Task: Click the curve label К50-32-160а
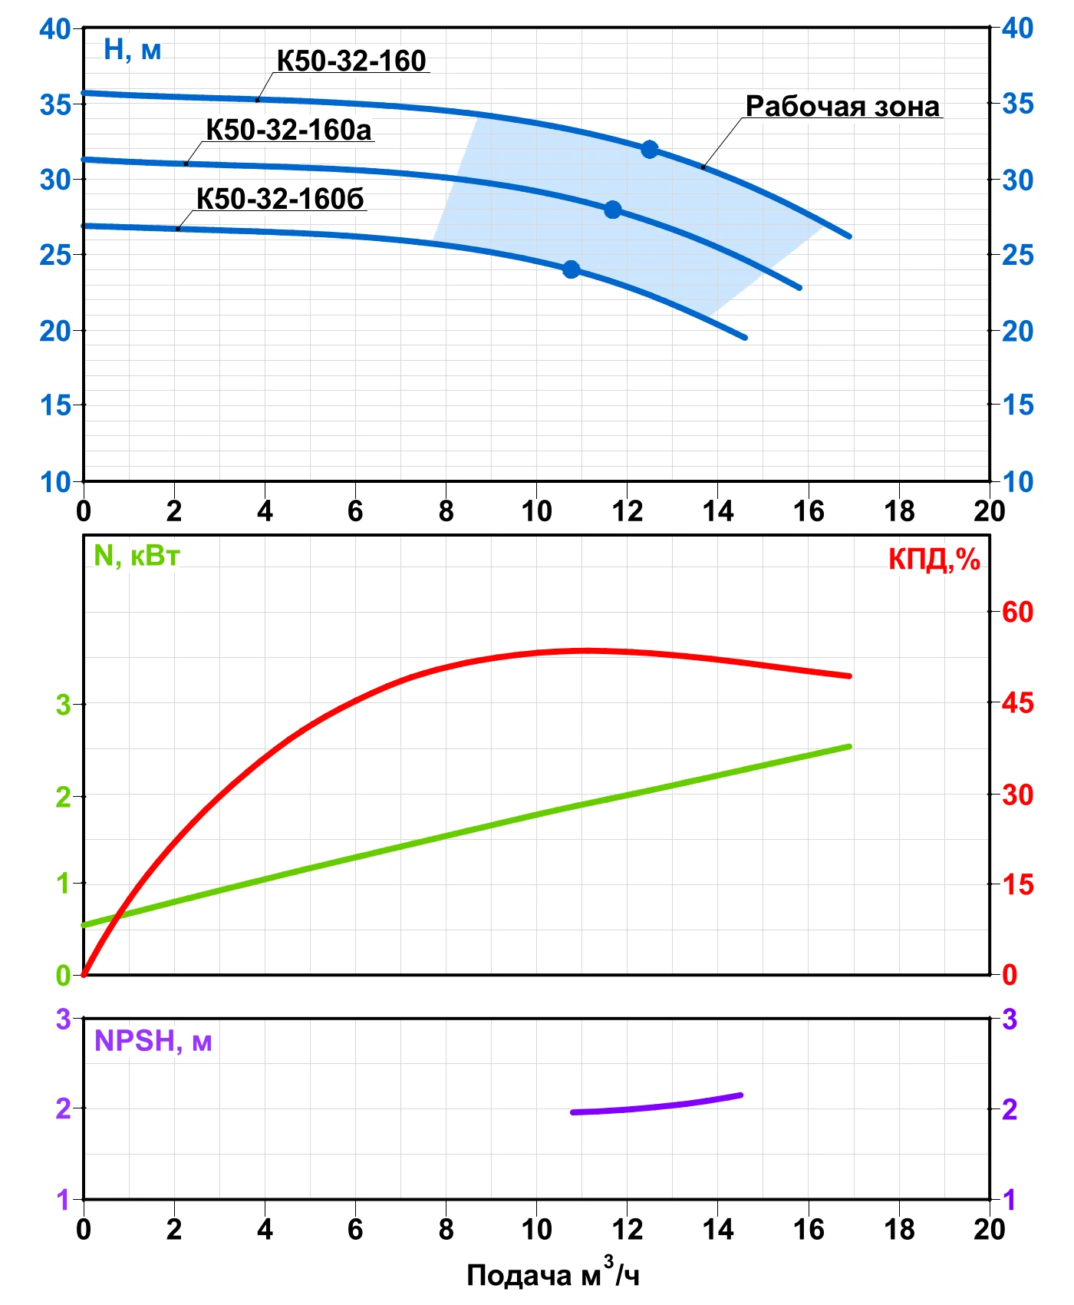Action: click(x=288, y=130)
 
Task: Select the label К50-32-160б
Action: click(x=280, y=199)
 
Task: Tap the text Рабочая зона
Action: click(x=842, y=106)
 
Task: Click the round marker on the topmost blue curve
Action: click(x=650, y=149)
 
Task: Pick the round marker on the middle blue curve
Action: click(x=612, y=210)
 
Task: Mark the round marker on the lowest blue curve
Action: click(x=571, y=269)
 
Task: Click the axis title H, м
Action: click(x=132, y=50)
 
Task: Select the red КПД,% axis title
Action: click(x=934, y=560)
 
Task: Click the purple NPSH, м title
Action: click(x=153, y=1041)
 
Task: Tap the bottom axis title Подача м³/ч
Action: click(x=552, y=1274)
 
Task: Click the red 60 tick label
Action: click(x=1018, y=612)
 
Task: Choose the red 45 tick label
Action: click(x=1018, y=702)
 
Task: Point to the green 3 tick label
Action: click(x=63, y=704)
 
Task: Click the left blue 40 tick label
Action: click(x=54, y=29)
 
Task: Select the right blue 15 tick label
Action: click(x=1018, y=405)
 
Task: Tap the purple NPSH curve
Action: click(x=657, y=1105)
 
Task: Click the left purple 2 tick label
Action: click(x=63, y=1108)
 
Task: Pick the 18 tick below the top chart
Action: click(x=899, y=510)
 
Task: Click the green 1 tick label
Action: click(x=63, y=884)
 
